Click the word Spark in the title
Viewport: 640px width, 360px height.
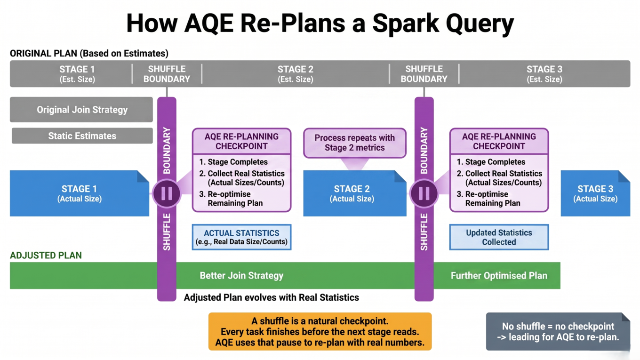pos(406,24)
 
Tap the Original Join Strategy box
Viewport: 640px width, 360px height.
pos(81,110)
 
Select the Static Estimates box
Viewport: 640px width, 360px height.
pos(82,136)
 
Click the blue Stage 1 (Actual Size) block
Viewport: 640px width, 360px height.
pos(80,193)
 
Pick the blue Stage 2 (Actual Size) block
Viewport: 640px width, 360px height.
pos(355,193)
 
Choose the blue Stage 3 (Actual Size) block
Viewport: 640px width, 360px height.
pos(595,193)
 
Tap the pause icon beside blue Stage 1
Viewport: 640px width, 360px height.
pos(167,193)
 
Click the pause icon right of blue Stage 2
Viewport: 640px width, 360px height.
pos(424,193)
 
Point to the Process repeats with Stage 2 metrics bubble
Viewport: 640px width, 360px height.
pos(355,143)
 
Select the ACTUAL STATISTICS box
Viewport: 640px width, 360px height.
pos(242,237)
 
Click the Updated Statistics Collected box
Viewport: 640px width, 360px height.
pos(499,237)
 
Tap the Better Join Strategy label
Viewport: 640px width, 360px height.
pos(241,276)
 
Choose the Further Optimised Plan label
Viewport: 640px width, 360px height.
pos(499,276)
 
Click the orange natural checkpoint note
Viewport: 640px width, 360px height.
pos(320,331)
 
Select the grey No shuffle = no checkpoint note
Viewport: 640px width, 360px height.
pos(558,331)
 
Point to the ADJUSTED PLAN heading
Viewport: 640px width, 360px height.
pos(46,255)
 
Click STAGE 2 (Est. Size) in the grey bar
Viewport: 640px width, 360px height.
pos(296,74)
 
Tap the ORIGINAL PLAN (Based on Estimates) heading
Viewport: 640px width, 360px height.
pos(89,54)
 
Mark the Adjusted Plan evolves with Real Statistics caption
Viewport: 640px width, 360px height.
pos(272,297)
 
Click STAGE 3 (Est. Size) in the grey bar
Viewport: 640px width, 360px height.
pos(544,74)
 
